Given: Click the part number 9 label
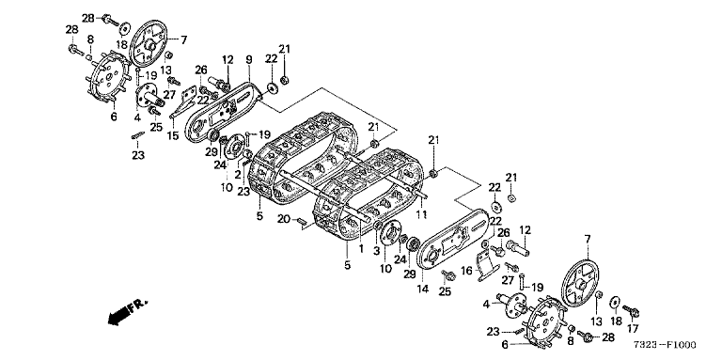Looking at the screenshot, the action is pos(248,59).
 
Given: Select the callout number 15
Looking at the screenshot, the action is pos(173,136).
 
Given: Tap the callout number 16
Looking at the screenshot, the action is pos(467,270).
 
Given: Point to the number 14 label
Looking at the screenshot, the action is pos(423,290).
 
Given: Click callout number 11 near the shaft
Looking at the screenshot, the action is pos(422,214).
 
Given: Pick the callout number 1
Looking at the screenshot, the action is pos(361,248).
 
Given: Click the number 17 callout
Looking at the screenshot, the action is pos(633,329).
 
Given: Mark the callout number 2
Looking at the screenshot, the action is pos(238,175).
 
